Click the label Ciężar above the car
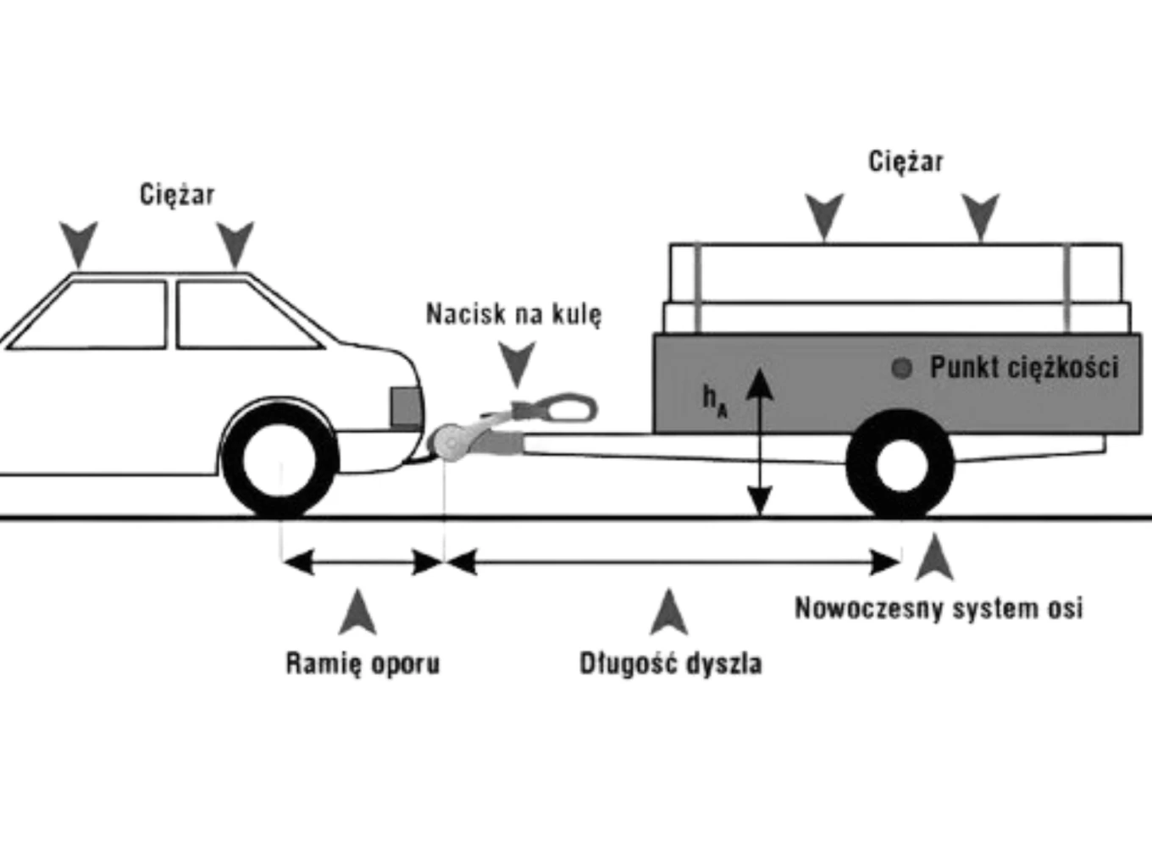point(177,195)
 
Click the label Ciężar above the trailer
point(906,161)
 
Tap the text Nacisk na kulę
point(514,314)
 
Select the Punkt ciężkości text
point(1024,367)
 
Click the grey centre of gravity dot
point(902,368)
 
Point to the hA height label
point(716,402)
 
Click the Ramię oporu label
point(363,663)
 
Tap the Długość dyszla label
point(671,663)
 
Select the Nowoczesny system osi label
point(939,608)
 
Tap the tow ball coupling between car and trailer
point(451,443)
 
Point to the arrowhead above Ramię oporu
point(357,612)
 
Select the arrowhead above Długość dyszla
point(668,612)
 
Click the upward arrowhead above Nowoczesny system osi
point(934,557)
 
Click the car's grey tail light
point(407,407)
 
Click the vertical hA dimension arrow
point(760,441)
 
